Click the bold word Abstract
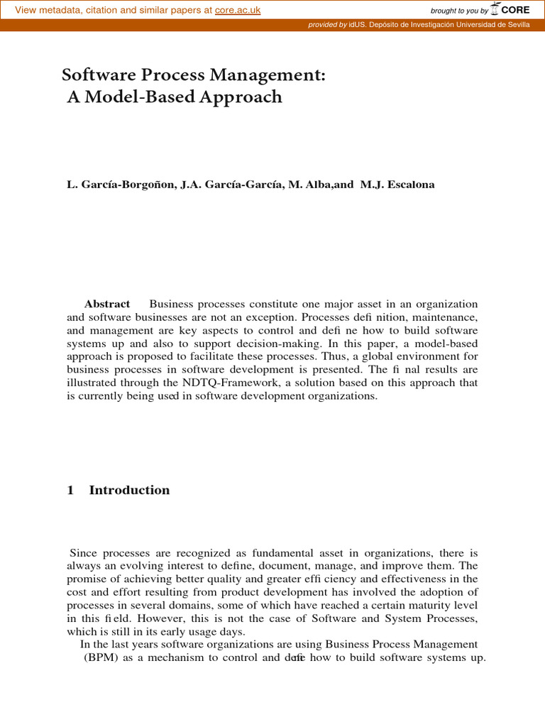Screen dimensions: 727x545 point(107,304)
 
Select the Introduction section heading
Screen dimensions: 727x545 point(129,491)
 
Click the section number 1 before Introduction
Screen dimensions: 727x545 point(70,491)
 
